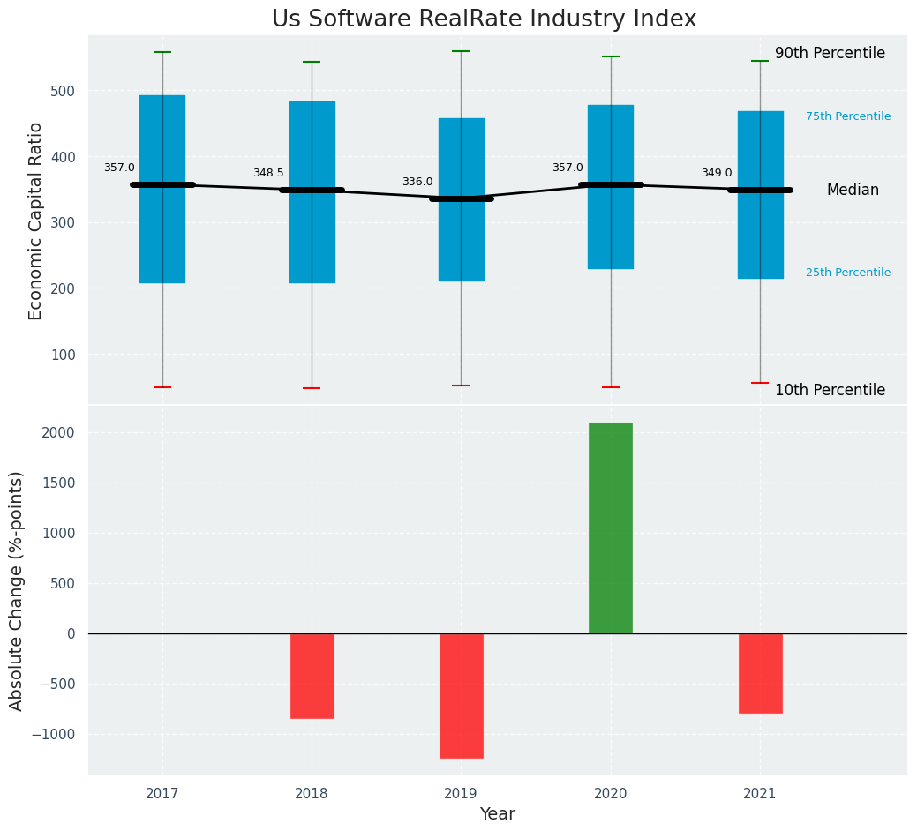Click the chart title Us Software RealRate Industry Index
tap(484, 19)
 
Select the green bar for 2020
tap(611, 528)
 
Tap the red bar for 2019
tap(461, 695)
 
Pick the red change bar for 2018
tap(312, 676)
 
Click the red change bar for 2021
tap(760, 673)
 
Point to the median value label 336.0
tap(417, 183)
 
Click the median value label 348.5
tap(268, 174)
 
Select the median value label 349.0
tap(717, 174)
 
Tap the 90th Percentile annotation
tap(830, 54)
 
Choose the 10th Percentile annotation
tap(830, 391)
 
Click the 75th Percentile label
tap(848, 116)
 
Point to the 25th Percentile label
tap(848, 273)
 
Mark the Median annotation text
tap(853, 191)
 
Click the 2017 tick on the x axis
tap(162, 794)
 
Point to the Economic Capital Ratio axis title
tap(36, 221)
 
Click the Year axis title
tap(498, 814)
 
